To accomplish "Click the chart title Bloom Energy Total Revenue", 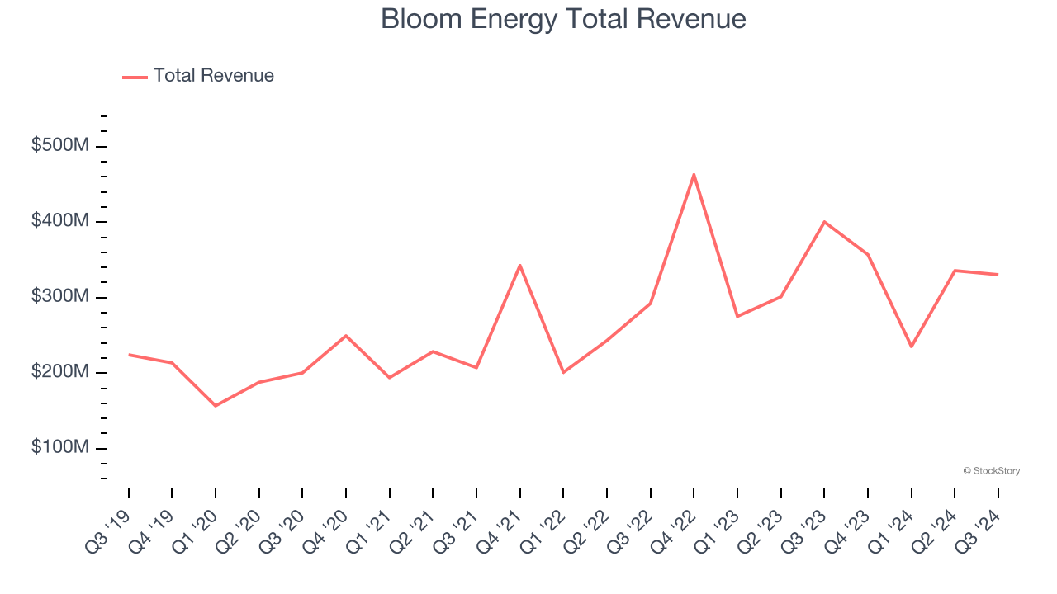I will (x=563, y=19).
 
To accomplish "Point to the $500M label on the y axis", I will (x=59, y=146).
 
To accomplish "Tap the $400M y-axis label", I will (x=59, y=221).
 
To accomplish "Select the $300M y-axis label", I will (x=59, y=297).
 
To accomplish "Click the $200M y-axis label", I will (x=59, y=372).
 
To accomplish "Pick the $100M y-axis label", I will (x=59, y=448).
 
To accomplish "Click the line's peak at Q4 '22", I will (x=694, y=174).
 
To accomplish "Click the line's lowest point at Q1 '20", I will (x=216, y=406).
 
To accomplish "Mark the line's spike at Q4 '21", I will (x=520, y=265).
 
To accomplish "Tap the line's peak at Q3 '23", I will (x=824, y=222).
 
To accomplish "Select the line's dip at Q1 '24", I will (x=911, y=346).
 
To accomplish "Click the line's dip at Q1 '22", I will (x=563, y=372).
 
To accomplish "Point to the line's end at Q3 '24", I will (x=998, y=275).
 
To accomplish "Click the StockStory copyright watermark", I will (x=991, y=471).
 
